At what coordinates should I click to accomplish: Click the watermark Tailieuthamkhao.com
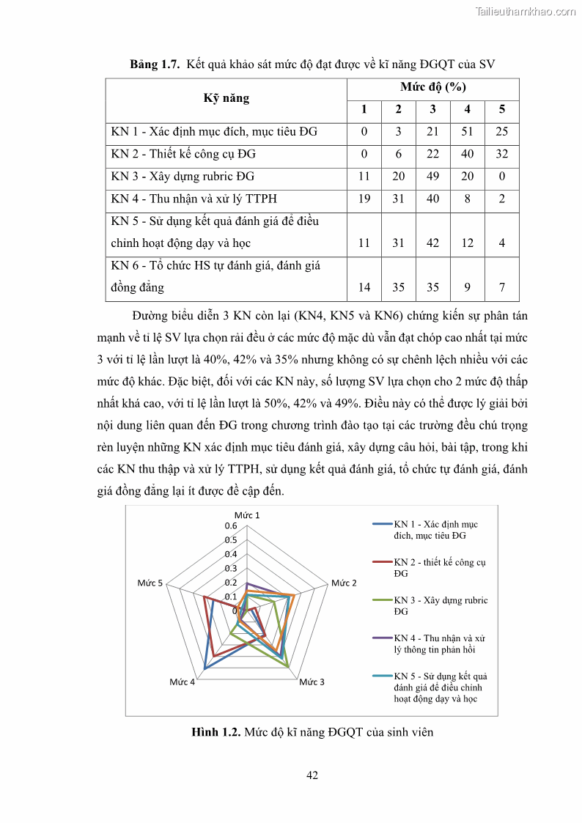525,12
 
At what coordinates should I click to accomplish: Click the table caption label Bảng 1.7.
155,64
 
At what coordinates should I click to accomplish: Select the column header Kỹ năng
226,98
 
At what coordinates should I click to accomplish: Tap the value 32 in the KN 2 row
501,154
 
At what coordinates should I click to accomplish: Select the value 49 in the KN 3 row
432,177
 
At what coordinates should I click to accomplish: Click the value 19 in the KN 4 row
364,199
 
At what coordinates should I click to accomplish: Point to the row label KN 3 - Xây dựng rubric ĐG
183,177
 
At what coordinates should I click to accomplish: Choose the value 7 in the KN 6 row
501,287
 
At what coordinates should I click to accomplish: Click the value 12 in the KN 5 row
468,243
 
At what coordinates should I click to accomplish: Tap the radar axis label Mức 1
247,515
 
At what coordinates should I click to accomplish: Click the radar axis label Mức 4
182,682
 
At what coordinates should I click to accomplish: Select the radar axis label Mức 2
344,583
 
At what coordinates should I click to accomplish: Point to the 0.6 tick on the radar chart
232,525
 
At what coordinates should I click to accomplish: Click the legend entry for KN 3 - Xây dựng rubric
440,605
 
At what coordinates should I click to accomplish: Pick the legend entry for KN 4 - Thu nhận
439,643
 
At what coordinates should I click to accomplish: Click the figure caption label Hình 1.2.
216,731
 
